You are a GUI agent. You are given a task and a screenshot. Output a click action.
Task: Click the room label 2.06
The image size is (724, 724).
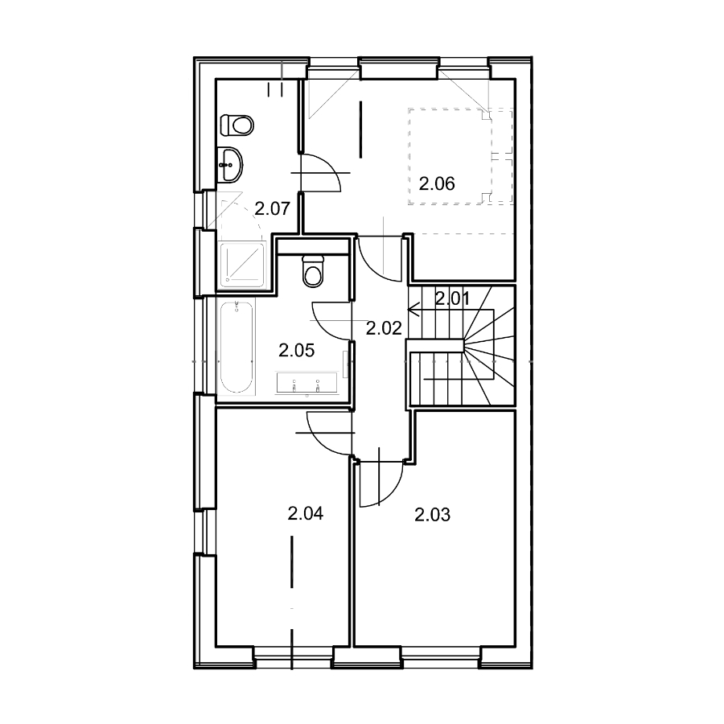[x=436, y=183]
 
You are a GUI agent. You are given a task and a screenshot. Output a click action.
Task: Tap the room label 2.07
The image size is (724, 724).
[x=272, y=208]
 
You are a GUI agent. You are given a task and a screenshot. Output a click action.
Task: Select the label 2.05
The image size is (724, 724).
[x=296, y=351]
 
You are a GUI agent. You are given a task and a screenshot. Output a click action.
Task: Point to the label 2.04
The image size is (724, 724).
[x=305, y=513]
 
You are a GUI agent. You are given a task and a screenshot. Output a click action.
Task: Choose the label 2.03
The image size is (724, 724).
[x=432, y=514]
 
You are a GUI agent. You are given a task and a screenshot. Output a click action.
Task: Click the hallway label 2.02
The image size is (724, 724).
[x=384, y=328]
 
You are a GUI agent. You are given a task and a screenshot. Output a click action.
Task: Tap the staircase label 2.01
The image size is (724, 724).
[x=452, y=298]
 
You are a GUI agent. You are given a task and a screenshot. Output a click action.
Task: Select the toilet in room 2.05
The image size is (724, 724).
[x=314, y=271]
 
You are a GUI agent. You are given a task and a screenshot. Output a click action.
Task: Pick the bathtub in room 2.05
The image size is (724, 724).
[x=237, y=348]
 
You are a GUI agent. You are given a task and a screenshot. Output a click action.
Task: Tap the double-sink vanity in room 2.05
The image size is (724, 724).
[x=306, y=383]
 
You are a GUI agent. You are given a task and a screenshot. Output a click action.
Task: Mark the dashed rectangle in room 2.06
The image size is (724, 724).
[x=460, y=157]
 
